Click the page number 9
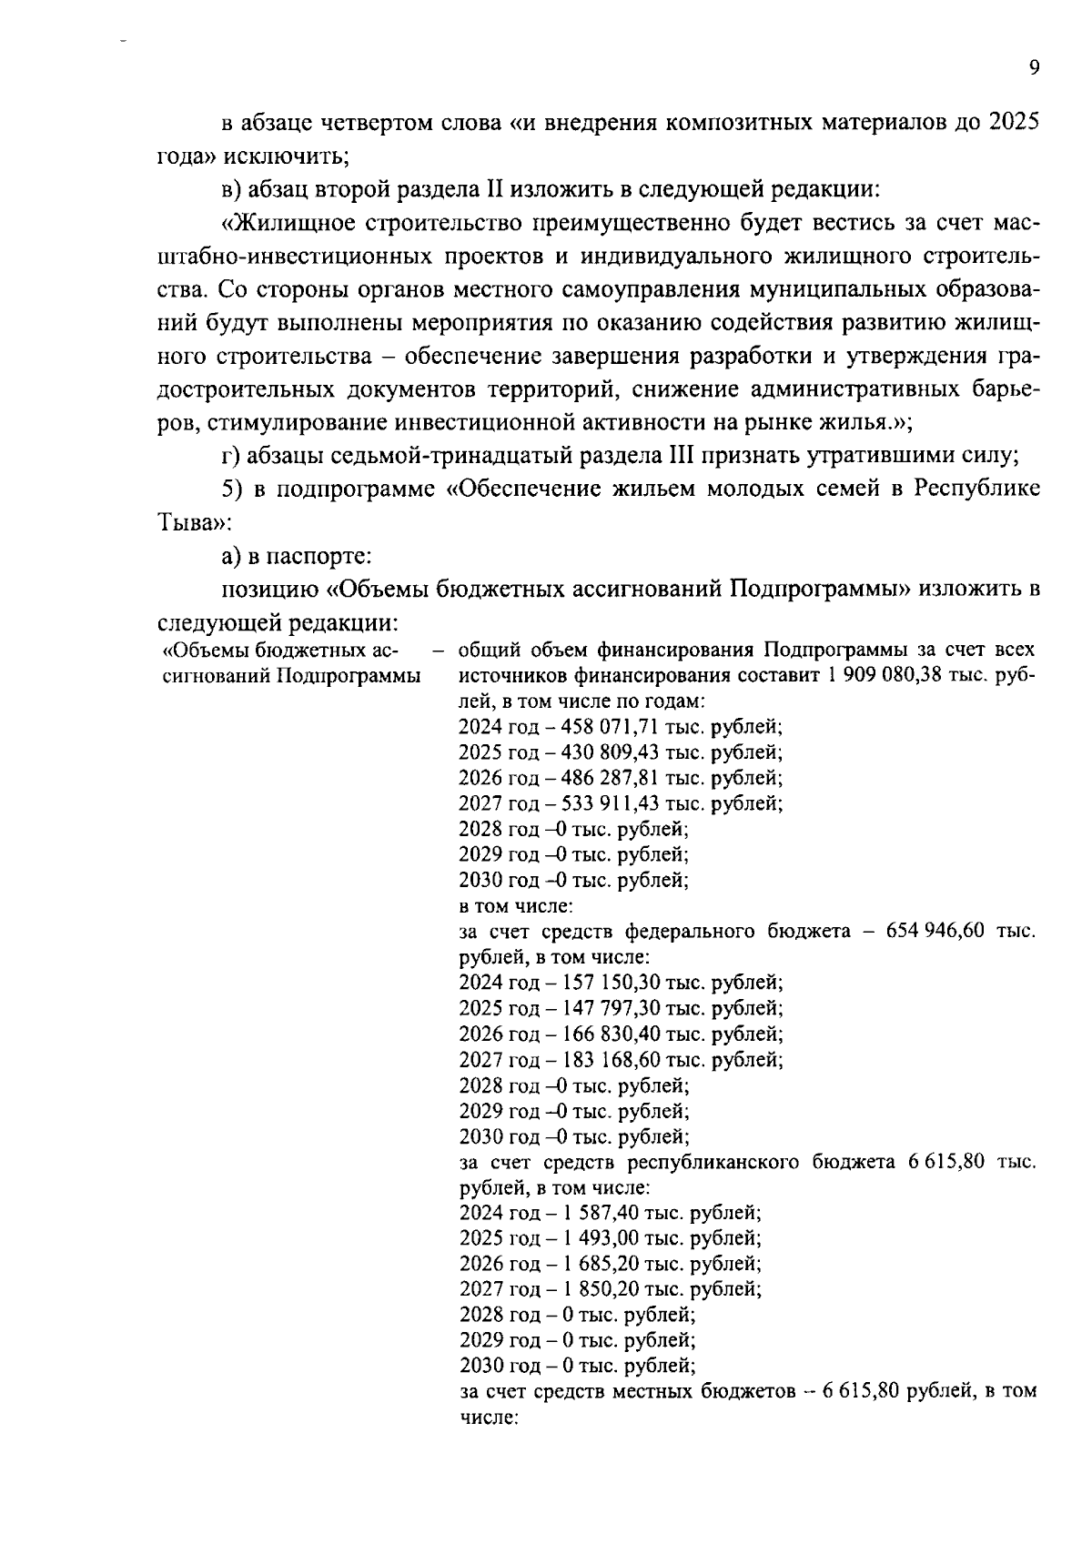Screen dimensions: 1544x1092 tap(1034, 68)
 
